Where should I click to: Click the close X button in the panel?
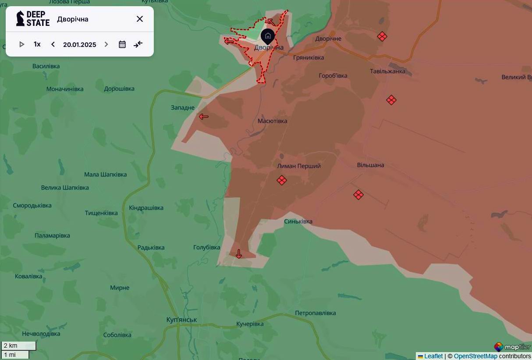(x=139, y=19)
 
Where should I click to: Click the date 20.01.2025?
(x=79, y=45)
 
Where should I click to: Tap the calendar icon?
(x=122, y=44)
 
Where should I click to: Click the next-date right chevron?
(x=106, y=44)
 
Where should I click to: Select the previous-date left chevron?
(x=53, y=44)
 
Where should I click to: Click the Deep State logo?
(x=33, y=19)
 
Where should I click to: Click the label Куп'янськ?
(x=181, y=320)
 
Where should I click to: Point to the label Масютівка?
(x=272, y=121)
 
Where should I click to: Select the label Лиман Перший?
(x=299, y=166)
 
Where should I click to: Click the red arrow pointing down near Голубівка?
(x=239, y=254)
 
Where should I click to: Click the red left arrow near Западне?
(x=204, y=117)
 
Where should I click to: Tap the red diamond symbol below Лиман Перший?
(x=282, y=180)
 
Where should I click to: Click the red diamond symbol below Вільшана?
(x=358, y=195)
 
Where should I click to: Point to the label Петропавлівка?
(x=315, y=313)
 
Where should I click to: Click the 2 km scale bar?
(x=18, y=346)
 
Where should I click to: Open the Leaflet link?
(x=433, y=356)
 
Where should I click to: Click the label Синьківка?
(x=298, y=221)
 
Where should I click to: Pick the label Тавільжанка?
(x=387, y=71)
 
